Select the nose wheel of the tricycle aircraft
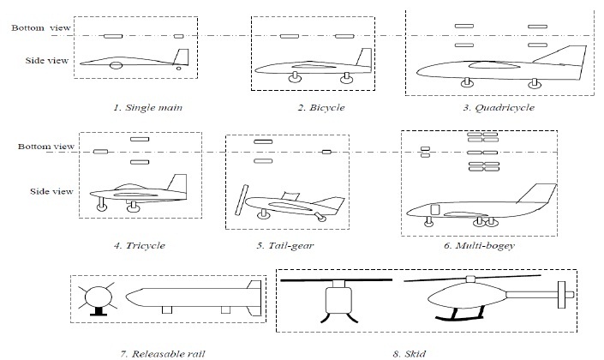(x=102, y=206)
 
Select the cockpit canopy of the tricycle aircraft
(x=129, y=186)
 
